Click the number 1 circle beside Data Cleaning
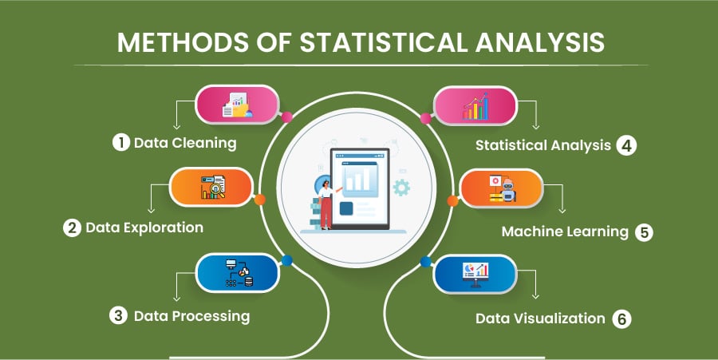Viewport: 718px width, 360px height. point(120,144)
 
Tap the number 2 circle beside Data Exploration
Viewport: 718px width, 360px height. point(73,228)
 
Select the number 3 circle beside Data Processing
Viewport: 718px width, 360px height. point(118,315)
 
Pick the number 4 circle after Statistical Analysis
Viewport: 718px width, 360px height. point(626,146)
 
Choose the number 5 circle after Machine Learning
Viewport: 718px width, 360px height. point(644,232)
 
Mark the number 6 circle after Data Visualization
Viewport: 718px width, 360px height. point(622,318)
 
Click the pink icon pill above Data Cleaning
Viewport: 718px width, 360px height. point(237,105)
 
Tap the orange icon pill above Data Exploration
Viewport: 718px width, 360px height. point(212,188)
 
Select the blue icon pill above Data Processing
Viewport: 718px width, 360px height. point(237,273)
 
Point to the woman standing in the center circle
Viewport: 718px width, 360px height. point(325,201)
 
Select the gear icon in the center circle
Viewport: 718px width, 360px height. point(401,188)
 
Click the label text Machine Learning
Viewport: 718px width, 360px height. point(565,232)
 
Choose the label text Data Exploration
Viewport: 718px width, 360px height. point(144,228)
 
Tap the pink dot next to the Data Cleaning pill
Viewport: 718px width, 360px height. point(287,117)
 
